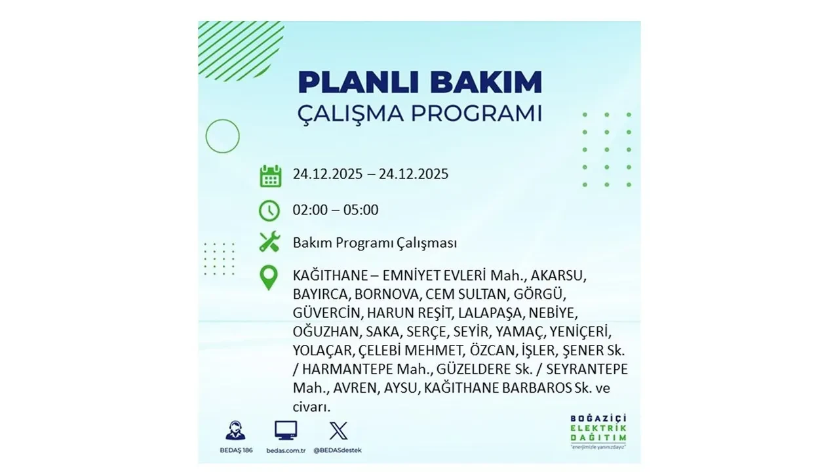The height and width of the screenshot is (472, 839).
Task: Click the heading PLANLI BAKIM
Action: (419, 82)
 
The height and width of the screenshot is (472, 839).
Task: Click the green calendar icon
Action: (270, 176)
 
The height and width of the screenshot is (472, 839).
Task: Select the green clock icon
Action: (269, 210)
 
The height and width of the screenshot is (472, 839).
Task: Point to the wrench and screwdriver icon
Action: (269, 242)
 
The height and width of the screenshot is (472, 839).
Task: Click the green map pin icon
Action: (269, 277)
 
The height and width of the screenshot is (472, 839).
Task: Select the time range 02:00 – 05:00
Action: (336, 210)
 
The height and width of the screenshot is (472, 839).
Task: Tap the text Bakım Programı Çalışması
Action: (375, 243)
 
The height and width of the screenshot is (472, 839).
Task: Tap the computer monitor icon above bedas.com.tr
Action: (286, 431)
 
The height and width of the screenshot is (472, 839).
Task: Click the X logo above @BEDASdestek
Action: (338, 431)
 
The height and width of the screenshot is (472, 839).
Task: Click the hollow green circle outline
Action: (222, 136)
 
